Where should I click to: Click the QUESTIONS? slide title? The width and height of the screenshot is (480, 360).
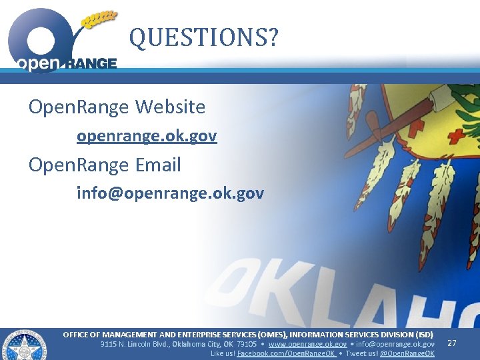point(204,38)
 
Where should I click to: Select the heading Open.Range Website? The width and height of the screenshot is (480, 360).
point(117,107)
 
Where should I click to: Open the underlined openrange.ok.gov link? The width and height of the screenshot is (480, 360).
point(147,136)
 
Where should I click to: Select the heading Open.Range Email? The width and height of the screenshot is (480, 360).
point(105,165)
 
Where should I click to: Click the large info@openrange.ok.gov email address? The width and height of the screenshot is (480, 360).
point(170,193)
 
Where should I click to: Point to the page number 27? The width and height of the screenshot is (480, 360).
point(451,343)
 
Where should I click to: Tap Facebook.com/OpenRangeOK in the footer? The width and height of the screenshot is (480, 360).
point(287,353)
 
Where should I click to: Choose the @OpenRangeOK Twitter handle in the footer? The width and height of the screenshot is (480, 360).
point(407,353)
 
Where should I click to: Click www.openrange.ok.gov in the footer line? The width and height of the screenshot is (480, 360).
point(307,344)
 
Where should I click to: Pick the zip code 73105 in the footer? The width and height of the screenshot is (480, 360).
point(247,344)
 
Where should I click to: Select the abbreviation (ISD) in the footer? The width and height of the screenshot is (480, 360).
point(424,334)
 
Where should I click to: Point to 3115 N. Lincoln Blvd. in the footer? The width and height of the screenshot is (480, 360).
point(135,344)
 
